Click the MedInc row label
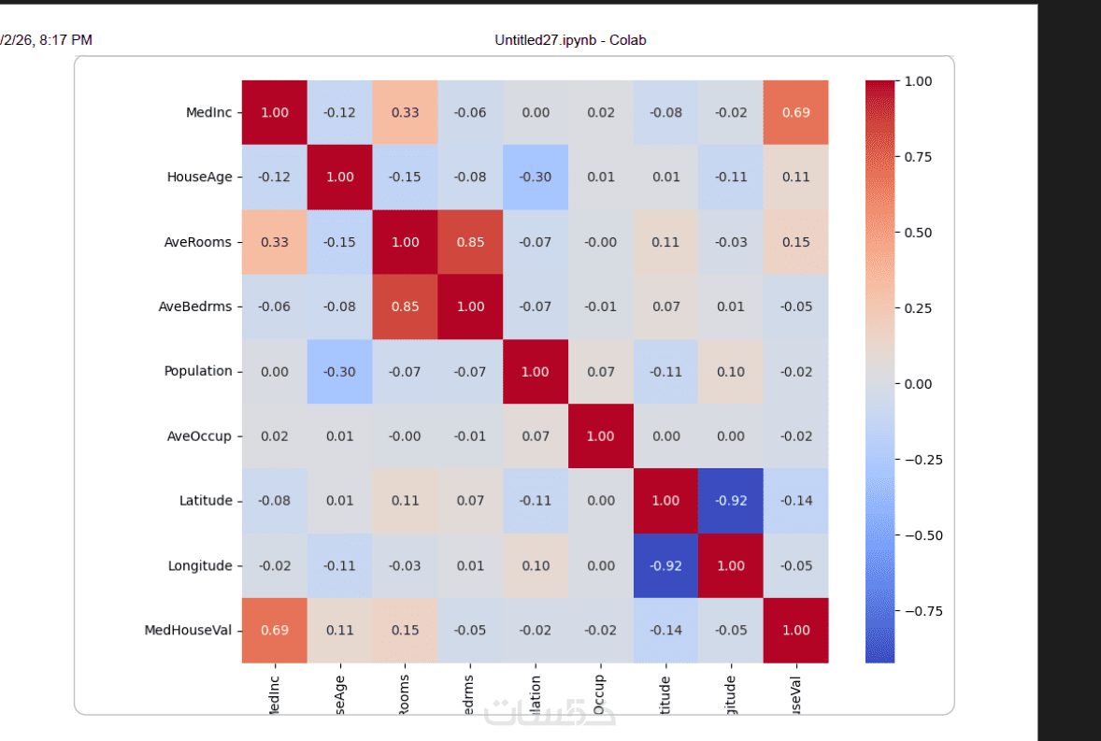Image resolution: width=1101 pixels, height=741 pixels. pos(209,112)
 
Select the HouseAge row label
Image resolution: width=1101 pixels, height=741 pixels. pos(199,177)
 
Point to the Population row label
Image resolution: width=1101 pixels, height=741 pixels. pos(198,371)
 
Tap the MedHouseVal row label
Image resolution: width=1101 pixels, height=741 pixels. pos(188,630)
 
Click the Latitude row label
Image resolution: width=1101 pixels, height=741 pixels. pos(206,501)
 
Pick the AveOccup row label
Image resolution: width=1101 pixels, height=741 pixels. pos(200,435)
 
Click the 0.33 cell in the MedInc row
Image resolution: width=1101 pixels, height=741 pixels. pos(405,112)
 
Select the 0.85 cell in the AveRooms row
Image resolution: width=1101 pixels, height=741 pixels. pos(470,242)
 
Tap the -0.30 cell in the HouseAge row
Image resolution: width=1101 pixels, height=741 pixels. pos(536,177)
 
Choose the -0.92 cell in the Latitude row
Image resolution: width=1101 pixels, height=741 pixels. pos(731,501)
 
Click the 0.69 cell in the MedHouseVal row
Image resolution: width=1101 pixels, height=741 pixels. pos(275,630)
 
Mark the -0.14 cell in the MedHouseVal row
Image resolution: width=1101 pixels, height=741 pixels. pos(665,630)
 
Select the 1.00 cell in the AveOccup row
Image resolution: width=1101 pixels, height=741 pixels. pos(600,435)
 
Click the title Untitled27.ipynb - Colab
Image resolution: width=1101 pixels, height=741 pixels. pos(570,40)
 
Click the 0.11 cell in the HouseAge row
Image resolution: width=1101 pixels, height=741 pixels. pos(795,177)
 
